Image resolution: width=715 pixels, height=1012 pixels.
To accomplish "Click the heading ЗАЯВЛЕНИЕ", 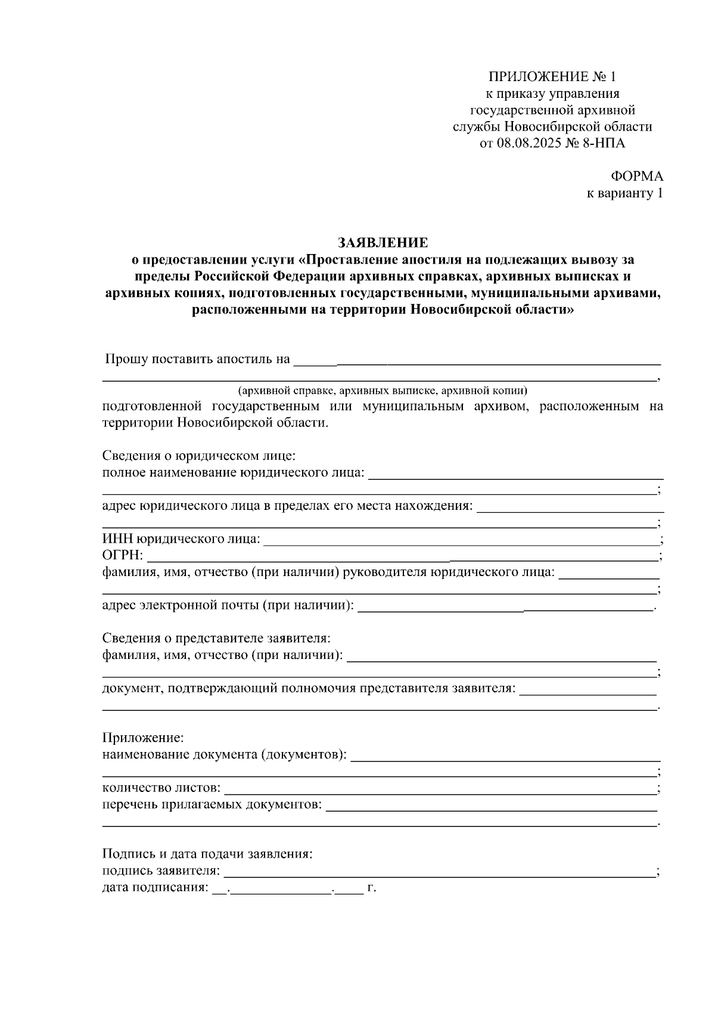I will click(x=383, y=243).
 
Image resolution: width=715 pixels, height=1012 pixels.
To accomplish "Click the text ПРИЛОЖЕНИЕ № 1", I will click(x=552, y=77).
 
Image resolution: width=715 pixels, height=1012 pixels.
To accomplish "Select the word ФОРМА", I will click(x=636, y=177).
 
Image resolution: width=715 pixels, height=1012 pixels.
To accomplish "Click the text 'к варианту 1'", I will click(x=625, y=193).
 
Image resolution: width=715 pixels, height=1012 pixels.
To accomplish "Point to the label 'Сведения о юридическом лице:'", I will click(x=199, y=456).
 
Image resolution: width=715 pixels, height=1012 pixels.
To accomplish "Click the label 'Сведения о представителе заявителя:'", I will click(x=216, y=638).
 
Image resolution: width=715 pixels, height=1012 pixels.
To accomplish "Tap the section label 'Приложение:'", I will click(x=143, y=738).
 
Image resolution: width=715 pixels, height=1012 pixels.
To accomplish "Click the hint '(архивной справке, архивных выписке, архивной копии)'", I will click(x=383, y=391).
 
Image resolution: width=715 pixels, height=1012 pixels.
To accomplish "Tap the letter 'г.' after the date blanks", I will click(x=372, y=887).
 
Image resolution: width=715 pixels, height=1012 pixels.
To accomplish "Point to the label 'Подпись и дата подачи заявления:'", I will click(x=207, y=854).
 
